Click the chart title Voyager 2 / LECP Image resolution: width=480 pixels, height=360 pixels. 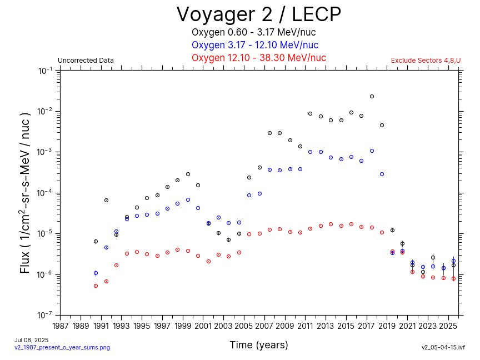click(258, 14)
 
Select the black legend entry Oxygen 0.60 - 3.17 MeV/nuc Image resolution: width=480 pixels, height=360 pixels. click(255, 32)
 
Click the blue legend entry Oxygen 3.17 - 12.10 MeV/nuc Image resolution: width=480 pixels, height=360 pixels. click(255, 45)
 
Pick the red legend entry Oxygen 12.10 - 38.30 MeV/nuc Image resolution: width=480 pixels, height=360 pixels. click(258, 58)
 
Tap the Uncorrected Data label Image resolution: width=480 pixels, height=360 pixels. click(86, 61)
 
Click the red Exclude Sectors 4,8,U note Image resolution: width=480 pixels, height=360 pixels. click(426, 61)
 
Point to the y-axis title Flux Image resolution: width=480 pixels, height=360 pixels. click(25, 192)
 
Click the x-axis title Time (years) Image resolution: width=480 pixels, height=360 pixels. click(259, 345)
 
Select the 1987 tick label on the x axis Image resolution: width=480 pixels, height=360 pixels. click(61, 326)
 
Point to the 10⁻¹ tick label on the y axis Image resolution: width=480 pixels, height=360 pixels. click(46, 71)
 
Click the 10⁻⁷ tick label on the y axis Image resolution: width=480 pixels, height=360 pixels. click(46, 315)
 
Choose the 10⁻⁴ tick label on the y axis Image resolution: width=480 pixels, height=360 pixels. click(46, 193)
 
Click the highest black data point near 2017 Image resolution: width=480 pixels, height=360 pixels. click(372, 96)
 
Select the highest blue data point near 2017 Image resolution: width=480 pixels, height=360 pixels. click(372, 151)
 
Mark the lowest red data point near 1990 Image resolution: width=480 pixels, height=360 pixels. click(96, 286)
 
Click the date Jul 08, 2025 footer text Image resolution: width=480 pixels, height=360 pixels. click(31, 340)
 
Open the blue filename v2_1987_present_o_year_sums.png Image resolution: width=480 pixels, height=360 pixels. click(62, 347)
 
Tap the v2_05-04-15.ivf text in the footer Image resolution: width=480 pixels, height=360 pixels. click(443, 347)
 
